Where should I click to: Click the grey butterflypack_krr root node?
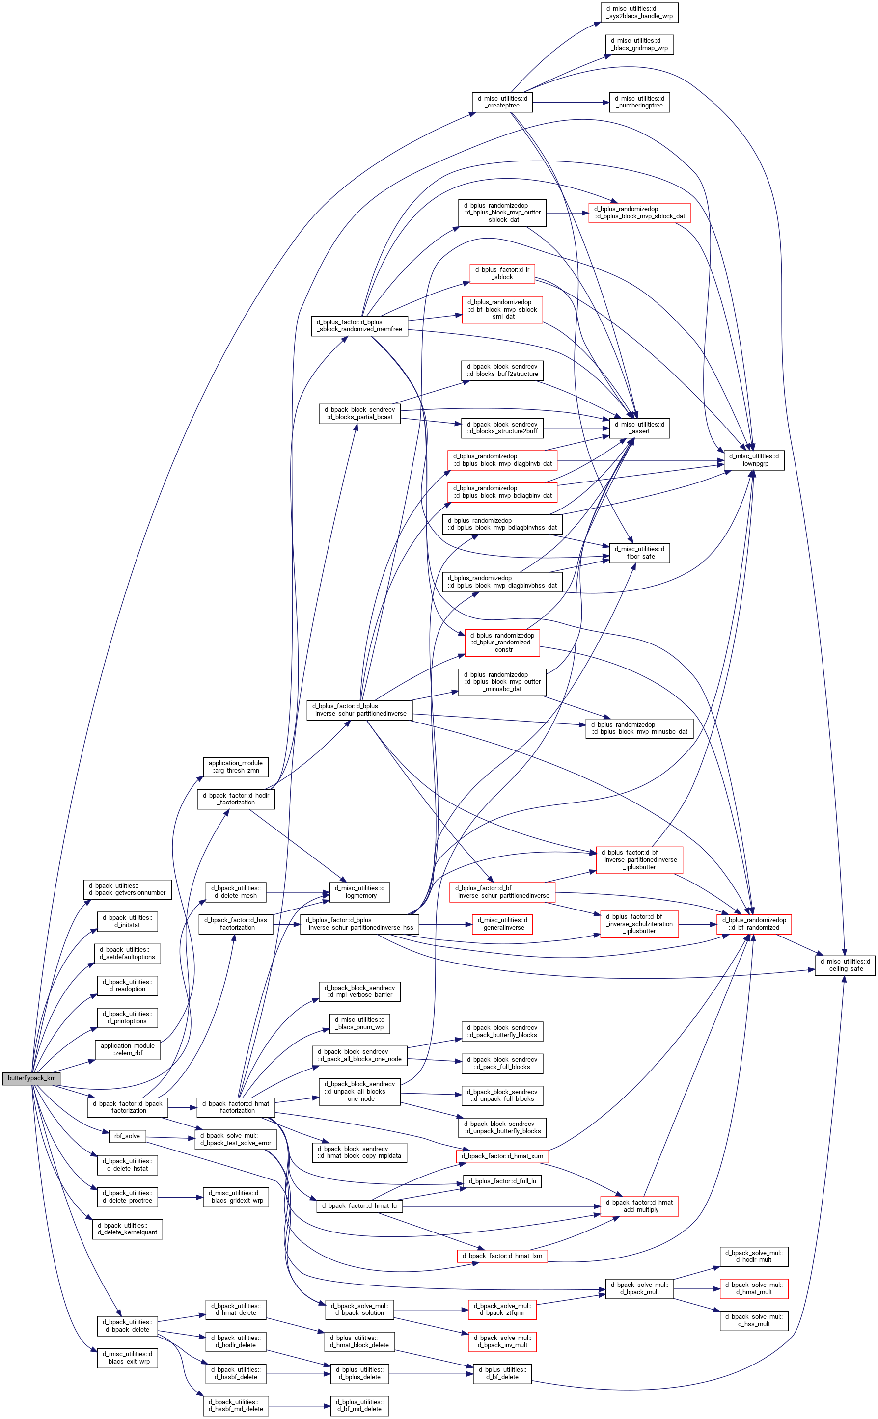coord(31,1078)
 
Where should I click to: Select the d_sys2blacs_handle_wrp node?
coord(639,12)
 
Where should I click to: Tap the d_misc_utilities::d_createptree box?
coord(502,102)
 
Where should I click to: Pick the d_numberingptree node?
coord(639,102)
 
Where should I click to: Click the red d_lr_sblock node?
coord(502,273)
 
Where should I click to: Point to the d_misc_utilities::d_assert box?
coord(639,428)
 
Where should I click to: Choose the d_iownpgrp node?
coord(754,459)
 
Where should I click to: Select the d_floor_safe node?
coord(639,553)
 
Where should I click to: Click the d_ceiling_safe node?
coord(845,965)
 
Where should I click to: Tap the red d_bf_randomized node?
coord(754,923)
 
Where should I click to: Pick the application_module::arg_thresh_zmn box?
coord(235,767)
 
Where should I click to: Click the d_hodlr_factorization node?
coord(236,799)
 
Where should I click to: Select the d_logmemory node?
coord(359,892)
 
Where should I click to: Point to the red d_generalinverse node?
coord(502,923)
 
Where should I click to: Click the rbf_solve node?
coord(127,1136)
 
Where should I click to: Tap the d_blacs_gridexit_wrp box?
coord(236,1197)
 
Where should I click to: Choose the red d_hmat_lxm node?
coord(502,1256)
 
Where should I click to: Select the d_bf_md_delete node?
coord(359,1406)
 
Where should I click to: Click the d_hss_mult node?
coord(754,1320)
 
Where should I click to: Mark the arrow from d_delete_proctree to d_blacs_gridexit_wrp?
coord(181,1197)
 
